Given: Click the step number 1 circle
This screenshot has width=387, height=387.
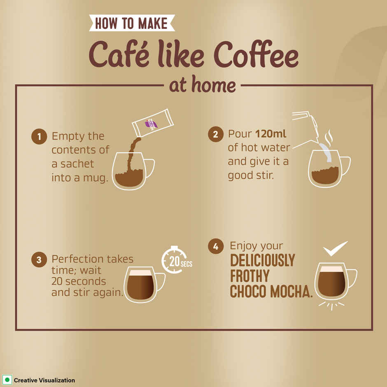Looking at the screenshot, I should pyautogui.click(x=39, y=137).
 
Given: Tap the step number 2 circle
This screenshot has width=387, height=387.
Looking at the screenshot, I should pyautogui.click(x=215, y=135).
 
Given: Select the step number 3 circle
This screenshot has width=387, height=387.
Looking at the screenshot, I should pyautogui.click(x=39, y=260).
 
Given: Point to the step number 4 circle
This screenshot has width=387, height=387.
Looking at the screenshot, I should pyautogui.click(x=215, y=247).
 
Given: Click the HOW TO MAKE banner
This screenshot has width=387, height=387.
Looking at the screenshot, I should pyautogui.click(x=132, y=23).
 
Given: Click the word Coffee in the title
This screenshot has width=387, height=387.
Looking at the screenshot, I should pyautogui.click(x=258, y=56).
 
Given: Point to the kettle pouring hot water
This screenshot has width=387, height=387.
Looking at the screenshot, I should pyautogui.click(x=307, y=126).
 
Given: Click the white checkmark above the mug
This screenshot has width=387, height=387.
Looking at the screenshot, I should pyautogui.click(x=335, y=248).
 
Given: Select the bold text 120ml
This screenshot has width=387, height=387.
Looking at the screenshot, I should pyautogui.click(x=270, y=134).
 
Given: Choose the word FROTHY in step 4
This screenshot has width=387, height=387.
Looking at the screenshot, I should pyautogui.click(x=249, y=276).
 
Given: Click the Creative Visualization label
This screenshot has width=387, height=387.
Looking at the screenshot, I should pyautogui.click(x=44, y=380).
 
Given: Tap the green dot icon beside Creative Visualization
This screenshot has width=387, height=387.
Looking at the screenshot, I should pyautogui.click(x=7, y=380).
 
